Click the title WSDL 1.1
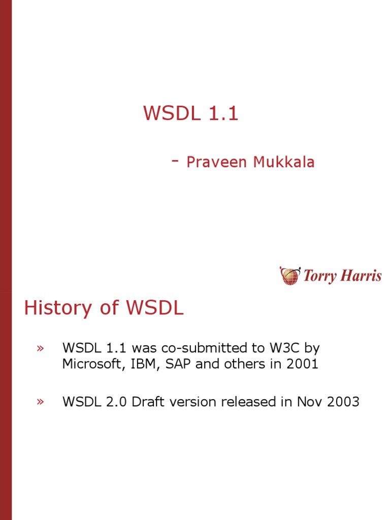[191, 113]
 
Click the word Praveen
[216, 162]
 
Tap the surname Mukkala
[283, 162]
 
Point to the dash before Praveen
[175, 161]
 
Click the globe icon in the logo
[290, 276]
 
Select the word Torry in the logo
[320, 276]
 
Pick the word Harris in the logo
[361, 276]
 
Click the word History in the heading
[58, 308]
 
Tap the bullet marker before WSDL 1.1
[40, 348]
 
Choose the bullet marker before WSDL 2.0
[40, 402]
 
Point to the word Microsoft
[92, 364]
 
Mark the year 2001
[302, 364]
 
